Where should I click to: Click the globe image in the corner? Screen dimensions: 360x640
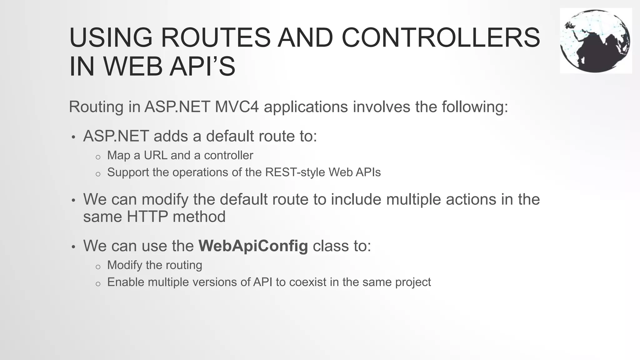pos(596,41)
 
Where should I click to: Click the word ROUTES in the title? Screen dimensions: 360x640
pos(215,38)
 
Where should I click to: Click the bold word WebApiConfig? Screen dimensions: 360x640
pos(253,246)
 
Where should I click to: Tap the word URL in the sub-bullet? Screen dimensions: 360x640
pos(155,155)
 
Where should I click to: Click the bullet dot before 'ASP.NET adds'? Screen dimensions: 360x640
pos(73,137)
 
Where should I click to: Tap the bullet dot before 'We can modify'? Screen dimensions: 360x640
pos(73,200)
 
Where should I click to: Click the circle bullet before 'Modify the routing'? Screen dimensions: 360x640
pos(98,267)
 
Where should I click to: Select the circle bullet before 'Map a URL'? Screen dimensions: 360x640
pos(98,157)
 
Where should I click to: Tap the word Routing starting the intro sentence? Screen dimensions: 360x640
pos(96,107)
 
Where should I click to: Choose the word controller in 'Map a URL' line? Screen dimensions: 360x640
pos(228,155)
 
